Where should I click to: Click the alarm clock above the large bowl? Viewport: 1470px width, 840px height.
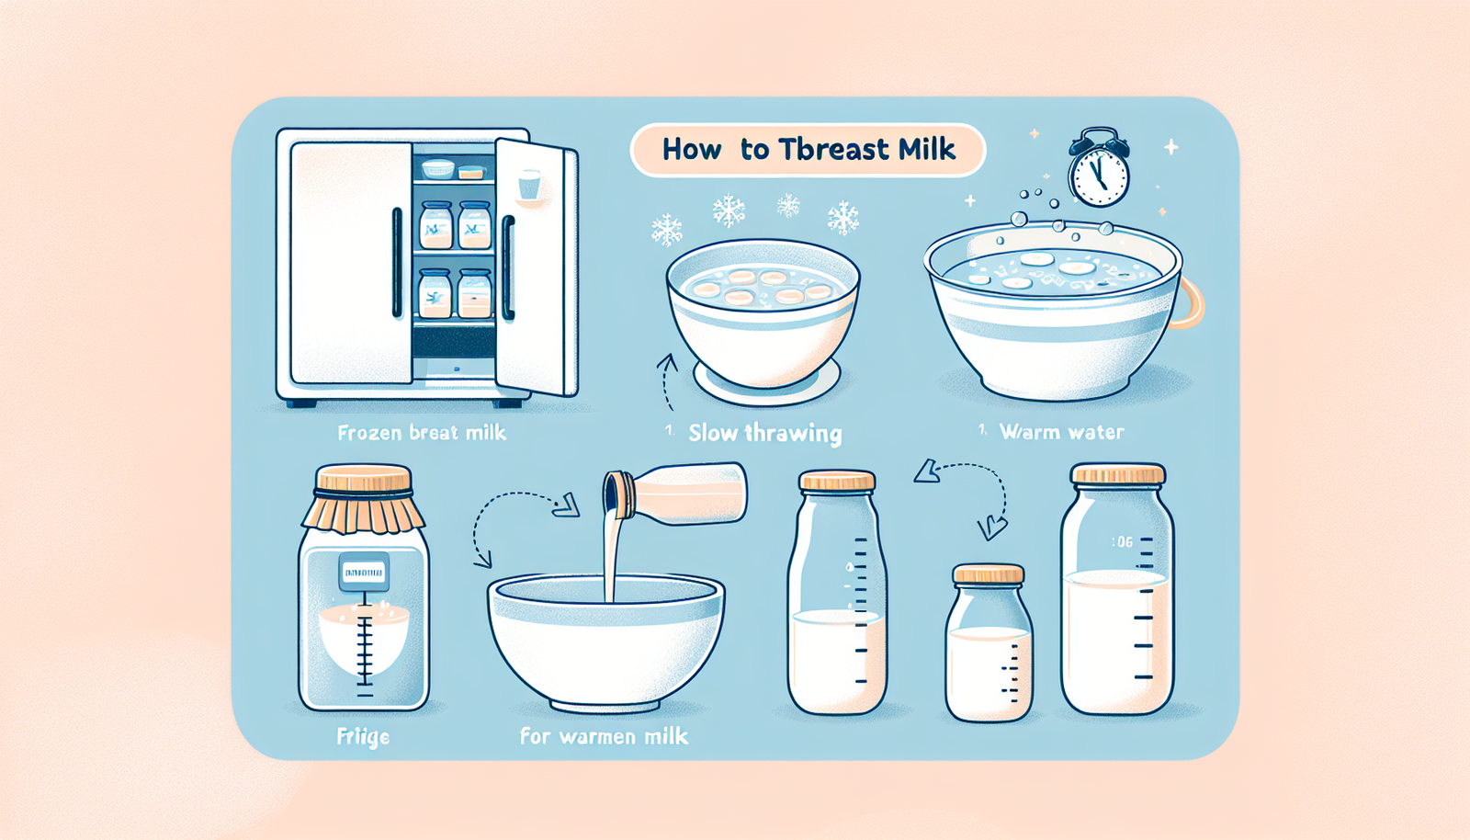pos(1099,170)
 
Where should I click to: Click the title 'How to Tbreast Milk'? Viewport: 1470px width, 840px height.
pos(808,150)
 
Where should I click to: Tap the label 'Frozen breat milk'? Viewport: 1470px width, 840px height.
pos(422,432)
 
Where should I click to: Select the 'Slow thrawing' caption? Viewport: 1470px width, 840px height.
pos(764,433)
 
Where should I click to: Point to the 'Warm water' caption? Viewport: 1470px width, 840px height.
pos(1060,431)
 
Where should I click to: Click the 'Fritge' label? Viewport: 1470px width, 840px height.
pos(363,736)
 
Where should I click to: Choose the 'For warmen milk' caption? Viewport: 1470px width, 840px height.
pos(604,736)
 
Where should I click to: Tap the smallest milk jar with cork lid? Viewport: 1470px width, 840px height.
pos(989,643)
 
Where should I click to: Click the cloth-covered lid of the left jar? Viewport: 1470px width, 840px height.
pos(363,501)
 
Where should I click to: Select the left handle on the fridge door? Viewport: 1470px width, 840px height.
pos(397,263)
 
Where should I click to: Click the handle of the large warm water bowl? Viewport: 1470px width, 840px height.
pos(1189,302)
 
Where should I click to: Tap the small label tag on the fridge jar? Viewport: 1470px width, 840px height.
pos(363,573)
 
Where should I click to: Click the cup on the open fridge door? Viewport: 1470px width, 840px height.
pos(529,185)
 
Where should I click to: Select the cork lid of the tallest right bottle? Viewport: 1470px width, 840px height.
pos(1118,474)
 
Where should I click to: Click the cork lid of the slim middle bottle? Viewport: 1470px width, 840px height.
pos(836,481)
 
